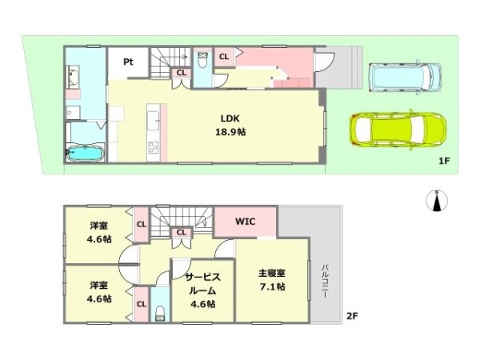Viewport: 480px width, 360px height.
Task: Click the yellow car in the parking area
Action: [x=398, y=128]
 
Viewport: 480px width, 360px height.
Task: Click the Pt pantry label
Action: [x=127, y=62]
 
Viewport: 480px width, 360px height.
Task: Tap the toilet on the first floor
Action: [x=203, y=58]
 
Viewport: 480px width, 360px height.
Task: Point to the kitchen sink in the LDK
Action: [x=154, y=120]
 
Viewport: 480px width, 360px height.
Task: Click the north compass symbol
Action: [x=437, y=201]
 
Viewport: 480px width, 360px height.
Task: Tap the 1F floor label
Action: [x=445, y=161]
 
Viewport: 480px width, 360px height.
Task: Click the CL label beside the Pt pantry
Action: [x=182, y=73]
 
